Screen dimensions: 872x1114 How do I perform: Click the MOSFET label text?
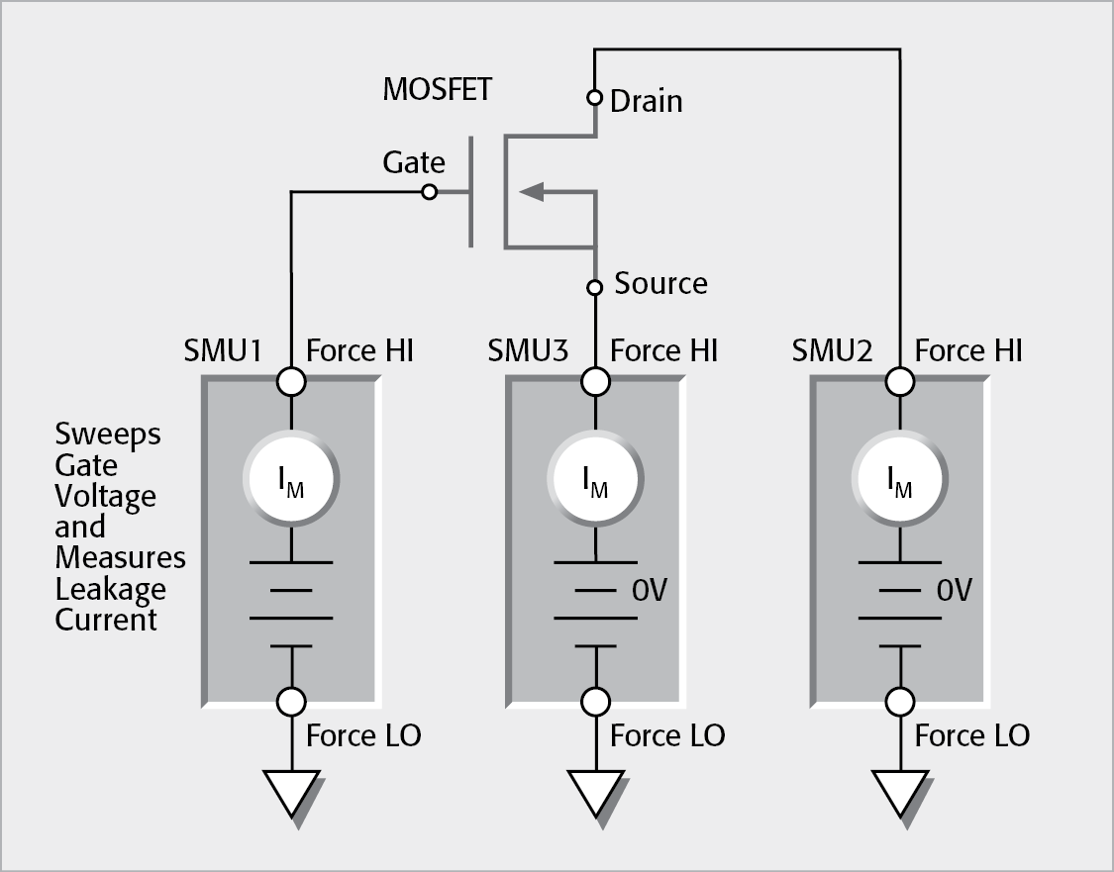click(437, 89)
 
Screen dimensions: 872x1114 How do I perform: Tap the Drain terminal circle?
click(594, 98)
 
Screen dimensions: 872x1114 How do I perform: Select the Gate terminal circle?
click(429, 192)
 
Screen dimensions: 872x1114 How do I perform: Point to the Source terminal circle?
click(594, 288)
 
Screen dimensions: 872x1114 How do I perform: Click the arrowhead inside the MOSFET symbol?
click(531, 192)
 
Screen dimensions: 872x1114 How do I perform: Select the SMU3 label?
click(528, 350)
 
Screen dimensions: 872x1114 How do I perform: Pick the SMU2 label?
click(833, 350)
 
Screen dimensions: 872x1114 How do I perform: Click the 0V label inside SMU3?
click(651, 591)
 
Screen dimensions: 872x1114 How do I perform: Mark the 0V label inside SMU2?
click(955, 591)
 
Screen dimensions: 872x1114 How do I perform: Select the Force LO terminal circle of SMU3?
click(595, 702)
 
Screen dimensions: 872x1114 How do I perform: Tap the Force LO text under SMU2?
click(971, 735)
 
